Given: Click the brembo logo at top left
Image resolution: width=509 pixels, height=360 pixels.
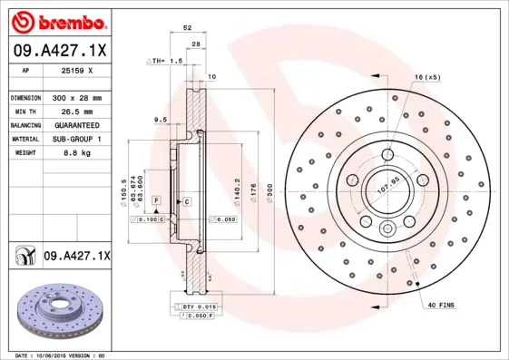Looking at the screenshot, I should tap(58, 20).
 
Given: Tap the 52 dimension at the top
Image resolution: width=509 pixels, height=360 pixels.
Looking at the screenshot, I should tap(188, 29).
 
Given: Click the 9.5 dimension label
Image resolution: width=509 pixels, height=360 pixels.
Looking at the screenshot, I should tap(160, 119).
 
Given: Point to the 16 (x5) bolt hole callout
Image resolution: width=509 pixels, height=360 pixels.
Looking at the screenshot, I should tap(427, 78).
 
